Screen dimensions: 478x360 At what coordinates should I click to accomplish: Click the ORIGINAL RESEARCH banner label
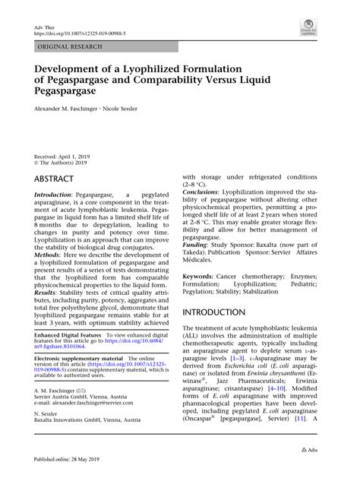pos(68,47)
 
